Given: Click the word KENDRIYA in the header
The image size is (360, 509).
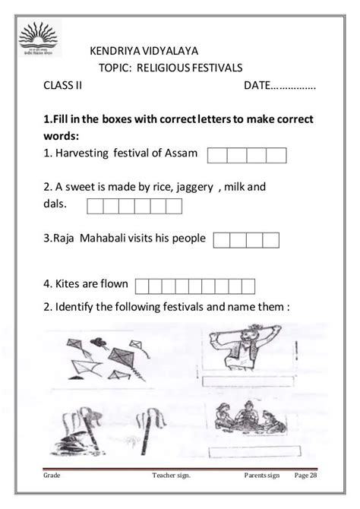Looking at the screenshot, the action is [114, 51].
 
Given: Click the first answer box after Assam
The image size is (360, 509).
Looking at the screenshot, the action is [216, 155].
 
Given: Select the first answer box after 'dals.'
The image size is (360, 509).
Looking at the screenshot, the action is [96, 205].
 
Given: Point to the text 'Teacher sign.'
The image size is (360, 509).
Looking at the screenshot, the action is [171, 476].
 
